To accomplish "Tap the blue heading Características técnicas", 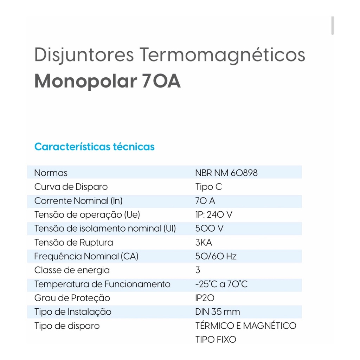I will (94, 146).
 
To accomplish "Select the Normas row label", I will (51, 173).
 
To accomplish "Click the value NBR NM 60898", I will (226, 173).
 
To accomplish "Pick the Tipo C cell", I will (208, 187).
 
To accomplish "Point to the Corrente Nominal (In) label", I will (78, 201).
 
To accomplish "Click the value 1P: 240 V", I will (213, 214).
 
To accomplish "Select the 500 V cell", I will (209, 229).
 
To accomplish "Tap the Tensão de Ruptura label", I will (73, 243).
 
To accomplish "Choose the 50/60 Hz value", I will (216, 256).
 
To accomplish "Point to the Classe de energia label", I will (72, 270).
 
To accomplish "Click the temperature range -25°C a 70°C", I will (221, 284).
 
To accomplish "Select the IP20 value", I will (205, 298).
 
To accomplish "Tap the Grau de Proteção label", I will (72, 298).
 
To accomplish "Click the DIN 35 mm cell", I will (217, 312).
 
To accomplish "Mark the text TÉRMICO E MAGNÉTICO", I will (246, 326).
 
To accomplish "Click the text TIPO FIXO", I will (216, 340).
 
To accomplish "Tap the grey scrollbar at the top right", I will (333, 26).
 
